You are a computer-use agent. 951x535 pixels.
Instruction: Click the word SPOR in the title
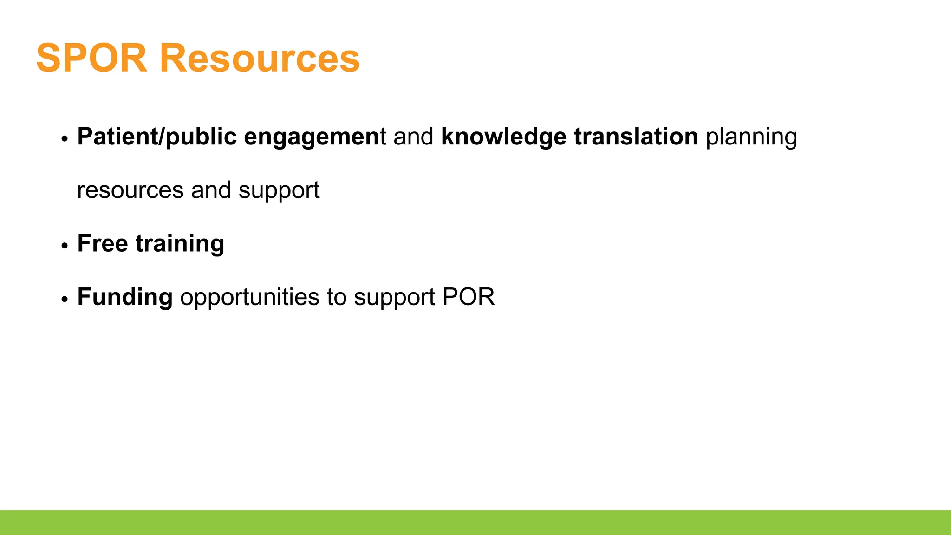tap(91, 59)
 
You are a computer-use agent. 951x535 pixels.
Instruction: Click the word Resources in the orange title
tap(260, 59)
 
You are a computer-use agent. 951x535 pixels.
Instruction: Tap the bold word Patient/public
tap(157, 137)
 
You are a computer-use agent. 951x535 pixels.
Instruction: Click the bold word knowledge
tap(503, 137)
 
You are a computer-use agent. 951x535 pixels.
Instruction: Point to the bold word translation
tap(636, 137)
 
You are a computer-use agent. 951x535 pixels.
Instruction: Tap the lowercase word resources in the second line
tap(130, 190)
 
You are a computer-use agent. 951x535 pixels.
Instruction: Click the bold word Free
tap(102, 243)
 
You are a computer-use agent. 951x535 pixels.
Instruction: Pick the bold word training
tap(180, 244)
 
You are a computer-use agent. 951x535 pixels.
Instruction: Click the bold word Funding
tap(125, 297)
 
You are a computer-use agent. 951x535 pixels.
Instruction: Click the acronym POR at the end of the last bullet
tap(469, 297)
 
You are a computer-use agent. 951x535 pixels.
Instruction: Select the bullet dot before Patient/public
tap(65, 139)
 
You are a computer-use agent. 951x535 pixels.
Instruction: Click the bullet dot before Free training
tap(65, 246)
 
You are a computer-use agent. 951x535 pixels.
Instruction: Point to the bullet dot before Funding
tap(65, 299)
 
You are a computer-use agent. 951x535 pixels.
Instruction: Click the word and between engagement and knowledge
tap(413, 137)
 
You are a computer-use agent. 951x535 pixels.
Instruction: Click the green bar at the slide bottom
tap(475, 522)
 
